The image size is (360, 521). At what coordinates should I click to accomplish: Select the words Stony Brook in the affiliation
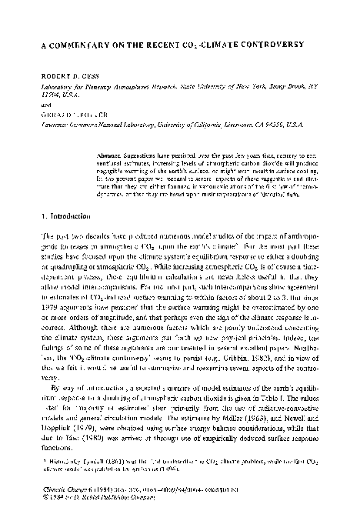click(278, 89)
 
